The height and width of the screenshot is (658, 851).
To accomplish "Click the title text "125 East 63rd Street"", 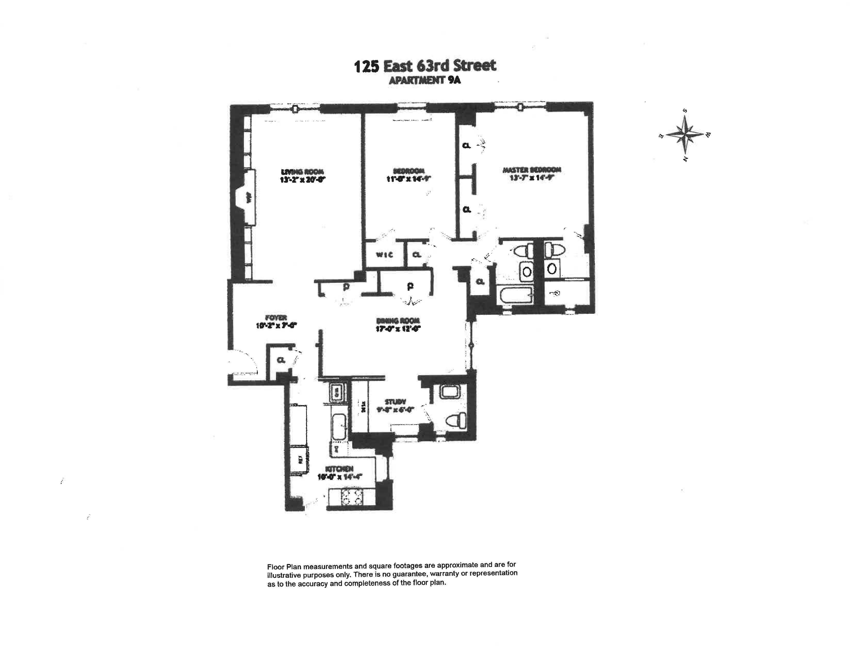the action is click(x=425, y=66).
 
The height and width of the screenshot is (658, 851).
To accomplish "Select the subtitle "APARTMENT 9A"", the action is click(x=425, y=81).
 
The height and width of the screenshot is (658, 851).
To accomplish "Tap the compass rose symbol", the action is click(x=685, y=134).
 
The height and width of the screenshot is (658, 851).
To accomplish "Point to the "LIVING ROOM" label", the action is click(x=303, y=172).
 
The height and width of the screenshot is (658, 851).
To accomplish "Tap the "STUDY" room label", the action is click(x=396, y=402).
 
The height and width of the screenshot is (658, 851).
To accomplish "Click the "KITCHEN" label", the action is click(x=339, y=469).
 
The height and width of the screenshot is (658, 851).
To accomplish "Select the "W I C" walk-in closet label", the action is click(x=384, y=255).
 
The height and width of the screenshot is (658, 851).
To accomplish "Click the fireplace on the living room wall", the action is click(x=248, y=198).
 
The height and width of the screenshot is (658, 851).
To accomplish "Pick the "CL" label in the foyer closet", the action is click(x=281, y=360).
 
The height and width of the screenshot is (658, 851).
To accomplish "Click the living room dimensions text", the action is click(x=302, y=180).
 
